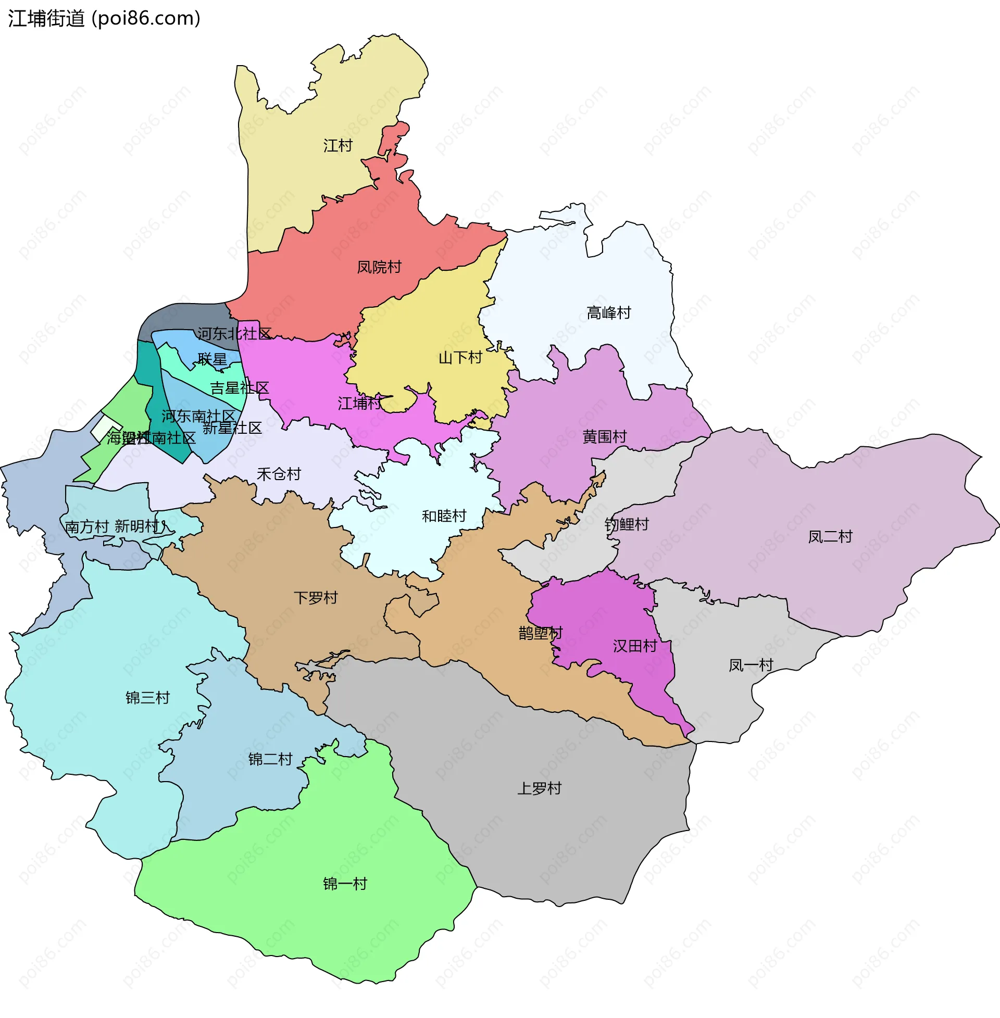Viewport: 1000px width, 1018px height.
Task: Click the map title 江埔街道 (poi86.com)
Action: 104,18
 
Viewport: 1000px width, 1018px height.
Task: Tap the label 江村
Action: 337,145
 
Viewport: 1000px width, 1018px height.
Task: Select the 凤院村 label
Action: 379,267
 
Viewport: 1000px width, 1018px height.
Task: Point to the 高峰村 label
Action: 608,312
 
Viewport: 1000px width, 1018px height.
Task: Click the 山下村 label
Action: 460,358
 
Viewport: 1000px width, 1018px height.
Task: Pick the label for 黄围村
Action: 604,436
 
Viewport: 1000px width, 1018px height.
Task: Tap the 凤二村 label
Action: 830,536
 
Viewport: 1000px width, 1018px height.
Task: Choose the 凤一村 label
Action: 751,665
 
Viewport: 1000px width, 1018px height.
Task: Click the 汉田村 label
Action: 634,646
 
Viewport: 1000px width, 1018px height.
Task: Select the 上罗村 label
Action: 539,788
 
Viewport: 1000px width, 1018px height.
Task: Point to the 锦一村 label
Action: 345,884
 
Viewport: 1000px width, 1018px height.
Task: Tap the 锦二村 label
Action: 270,759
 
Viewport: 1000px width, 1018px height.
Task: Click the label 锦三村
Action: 147,697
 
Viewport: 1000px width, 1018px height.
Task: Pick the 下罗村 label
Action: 315,597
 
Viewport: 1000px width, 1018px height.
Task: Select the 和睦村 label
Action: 444,516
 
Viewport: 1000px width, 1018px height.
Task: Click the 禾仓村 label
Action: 278,474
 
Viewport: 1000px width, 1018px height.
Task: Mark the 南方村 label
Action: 86,526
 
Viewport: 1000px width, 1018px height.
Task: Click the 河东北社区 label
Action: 234,333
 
